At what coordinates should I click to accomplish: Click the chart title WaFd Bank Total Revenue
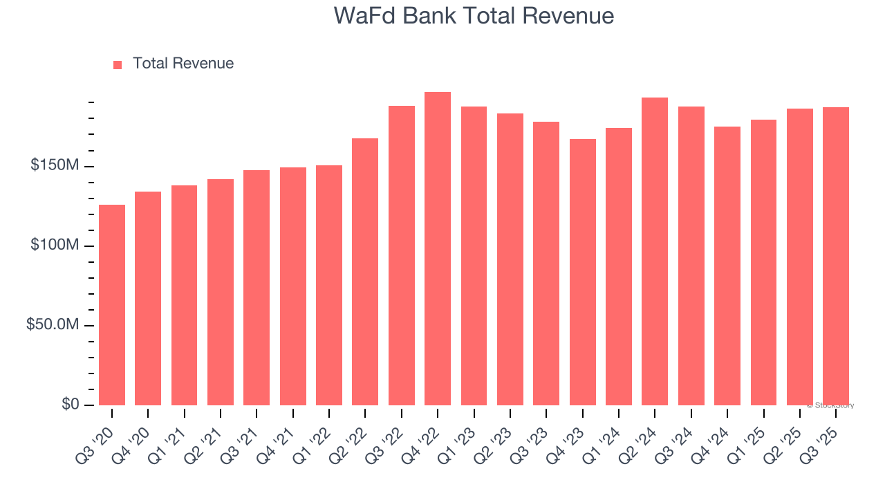point(474,16)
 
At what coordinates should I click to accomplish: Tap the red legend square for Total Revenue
point(118,64)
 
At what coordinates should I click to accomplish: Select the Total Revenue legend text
point(183,64)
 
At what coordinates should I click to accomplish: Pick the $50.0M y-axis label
point(53,325)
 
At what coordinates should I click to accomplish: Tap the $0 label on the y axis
point(70,404)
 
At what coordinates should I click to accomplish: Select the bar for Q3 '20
point(112,304)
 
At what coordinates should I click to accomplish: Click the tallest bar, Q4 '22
point(438,249)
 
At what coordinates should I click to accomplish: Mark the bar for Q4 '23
point(582,272)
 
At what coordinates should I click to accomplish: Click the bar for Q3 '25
point(835,256)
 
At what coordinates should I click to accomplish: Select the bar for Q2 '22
point(365,272)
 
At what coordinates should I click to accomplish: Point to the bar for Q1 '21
point(184,295)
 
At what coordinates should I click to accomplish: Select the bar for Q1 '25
point(763,262)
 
